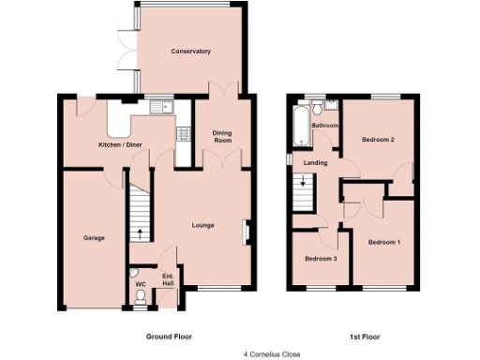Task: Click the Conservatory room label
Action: [190, 51]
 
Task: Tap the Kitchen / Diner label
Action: [121, 144]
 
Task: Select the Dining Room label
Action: [221, 136]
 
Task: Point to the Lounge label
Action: [203, 225]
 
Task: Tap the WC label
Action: [140, 282]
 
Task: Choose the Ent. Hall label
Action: [169, 280]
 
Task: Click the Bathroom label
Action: [324, 125]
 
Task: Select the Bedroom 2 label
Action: [378, 140]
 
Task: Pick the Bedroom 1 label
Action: [383, 242]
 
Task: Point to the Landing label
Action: [315, 162]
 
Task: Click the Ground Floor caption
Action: [169, 335]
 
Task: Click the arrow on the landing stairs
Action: [304, 186]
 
